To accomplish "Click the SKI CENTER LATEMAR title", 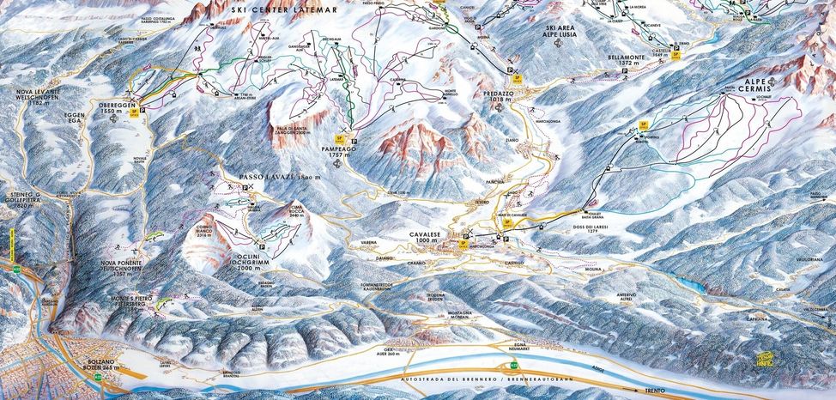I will click(x=284, y=9).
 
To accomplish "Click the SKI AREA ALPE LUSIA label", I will click(x=560, y=33).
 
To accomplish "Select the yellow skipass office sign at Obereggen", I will click(x=131, y=109).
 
